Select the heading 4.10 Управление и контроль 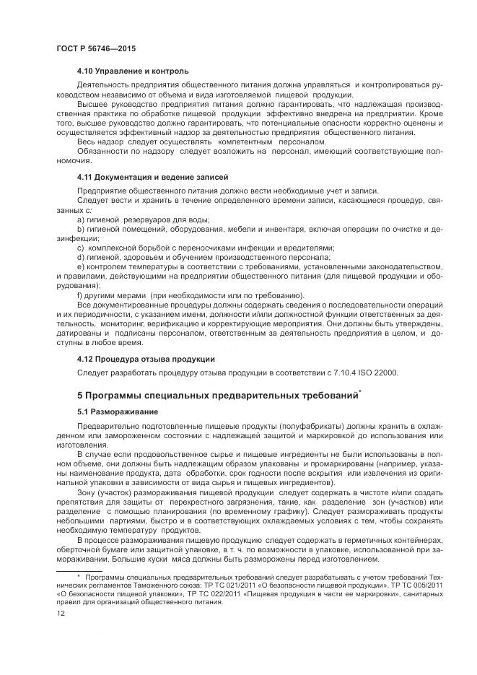tap(133, 71)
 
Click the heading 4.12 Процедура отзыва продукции tap(145, 359)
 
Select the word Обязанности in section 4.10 tap(100, 152)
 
